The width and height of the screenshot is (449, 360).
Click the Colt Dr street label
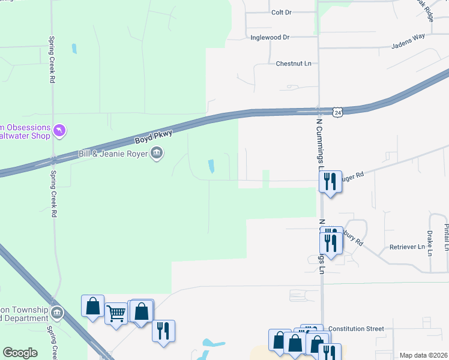(x=281, y=12)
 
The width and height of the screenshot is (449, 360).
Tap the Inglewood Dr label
(x=270, y=37)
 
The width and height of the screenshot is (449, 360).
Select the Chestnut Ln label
(x=294, y=64)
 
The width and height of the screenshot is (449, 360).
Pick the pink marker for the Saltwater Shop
(x=59, y=130)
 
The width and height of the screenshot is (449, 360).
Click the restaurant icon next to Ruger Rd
(x=330, y=181)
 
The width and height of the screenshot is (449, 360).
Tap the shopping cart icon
(x=116, y=313)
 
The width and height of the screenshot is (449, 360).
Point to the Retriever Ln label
(x=407, y=247)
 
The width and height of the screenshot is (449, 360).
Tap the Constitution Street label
(x=356, y=329)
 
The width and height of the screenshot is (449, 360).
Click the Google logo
(x=20, y=353)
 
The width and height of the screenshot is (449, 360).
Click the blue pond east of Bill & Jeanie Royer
(x=211, y=165)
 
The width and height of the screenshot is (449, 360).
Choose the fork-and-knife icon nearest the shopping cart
(x=163, y=330)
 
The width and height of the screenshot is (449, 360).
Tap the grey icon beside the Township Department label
(x=56, y=313)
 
